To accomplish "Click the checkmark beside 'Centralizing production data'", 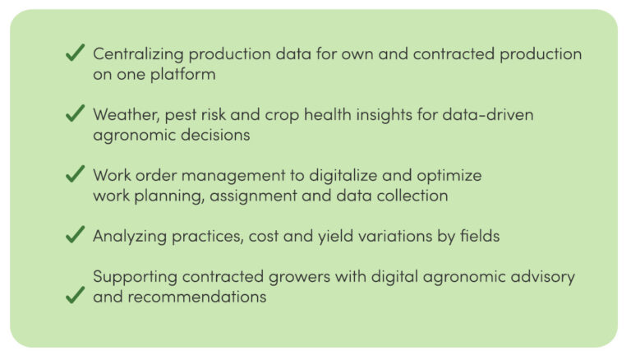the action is point(76,53).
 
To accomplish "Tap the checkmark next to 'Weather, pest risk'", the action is point(76,113).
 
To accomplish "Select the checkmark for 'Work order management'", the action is point(76,174).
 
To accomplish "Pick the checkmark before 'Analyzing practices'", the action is point(76,234).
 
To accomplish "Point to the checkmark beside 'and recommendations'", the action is point(76,295).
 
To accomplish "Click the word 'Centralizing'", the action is point(138,54).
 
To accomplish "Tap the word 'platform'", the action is point(183,75).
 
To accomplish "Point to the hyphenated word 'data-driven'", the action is point(488,115).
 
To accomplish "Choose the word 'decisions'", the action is point(215,135).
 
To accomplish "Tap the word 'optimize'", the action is point(449,176).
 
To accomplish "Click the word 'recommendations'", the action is point(197,298).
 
